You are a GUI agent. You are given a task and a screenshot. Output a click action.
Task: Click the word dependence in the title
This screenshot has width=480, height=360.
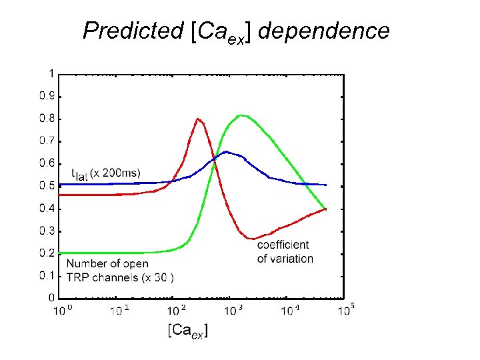(323, 31)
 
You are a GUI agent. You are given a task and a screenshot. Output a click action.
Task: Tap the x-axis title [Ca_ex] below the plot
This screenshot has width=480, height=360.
(188, 330)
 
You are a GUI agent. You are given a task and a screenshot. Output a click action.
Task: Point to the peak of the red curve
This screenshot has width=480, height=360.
(198, 119)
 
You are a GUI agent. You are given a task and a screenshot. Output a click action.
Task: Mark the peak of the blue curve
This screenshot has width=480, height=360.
(227, 152)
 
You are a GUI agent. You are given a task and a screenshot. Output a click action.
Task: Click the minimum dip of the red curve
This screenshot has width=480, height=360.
(251, 238)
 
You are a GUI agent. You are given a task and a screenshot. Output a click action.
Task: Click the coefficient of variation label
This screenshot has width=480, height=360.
(284, 253)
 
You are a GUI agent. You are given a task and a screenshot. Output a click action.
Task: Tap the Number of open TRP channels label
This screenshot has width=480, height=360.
(120, 270)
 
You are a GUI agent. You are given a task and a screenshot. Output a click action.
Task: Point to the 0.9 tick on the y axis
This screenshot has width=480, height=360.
(47, 95)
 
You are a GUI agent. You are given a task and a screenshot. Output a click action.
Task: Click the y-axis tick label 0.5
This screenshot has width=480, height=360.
(47, 185)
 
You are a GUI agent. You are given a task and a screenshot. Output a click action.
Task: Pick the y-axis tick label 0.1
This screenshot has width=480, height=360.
(47, 275)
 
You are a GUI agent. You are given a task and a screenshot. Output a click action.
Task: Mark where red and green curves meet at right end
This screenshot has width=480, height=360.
(325, 209)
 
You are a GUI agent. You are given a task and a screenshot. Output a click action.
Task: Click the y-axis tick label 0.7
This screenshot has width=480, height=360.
(47, 141)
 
